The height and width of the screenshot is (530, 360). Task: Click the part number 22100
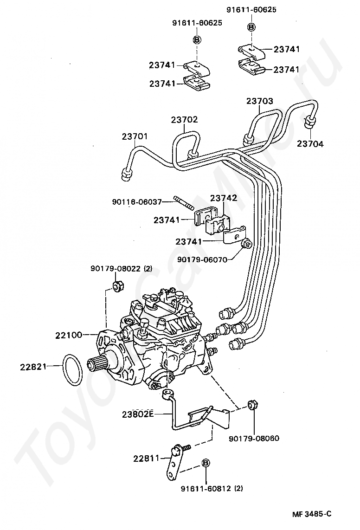tap(70, 334)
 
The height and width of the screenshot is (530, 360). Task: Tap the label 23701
tap(135, 136)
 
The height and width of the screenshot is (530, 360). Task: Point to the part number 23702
tap(184, 120)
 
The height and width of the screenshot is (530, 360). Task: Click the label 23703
tap(259, 101)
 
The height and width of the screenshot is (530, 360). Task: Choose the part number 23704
tap(310, 144)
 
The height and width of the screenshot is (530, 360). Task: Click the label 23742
tap(224, 198)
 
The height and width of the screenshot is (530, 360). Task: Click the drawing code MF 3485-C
tap(312, 514)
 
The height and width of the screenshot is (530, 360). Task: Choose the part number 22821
tap(33, 367)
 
